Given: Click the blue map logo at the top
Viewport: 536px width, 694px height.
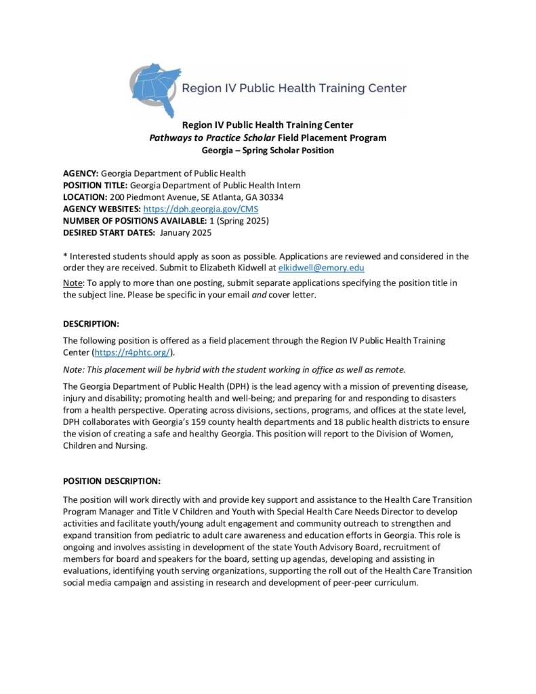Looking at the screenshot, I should pyautogui.click(x=157, y=89).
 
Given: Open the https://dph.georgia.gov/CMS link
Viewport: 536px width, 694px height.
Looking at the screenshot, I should pyautogui.click(x=201, y=209).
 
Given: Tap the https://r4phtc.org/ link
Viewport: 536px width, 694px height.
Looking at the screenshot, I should pyautogui.click(x=133, y=352).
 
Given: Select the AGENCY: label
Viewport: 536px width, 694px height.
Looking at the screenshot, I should pyautogui.click(x=81, y=174).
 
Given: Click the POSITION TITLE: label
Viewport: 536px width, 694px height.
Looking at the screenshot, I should pyautogui.click(x=95, y=186).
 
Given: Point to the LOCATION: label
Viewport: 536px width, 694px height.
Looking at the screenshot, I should pyautogui.click(x=85, y=197).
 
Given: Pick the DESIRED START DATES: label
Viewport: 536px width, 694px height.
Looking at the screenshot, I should pyautogui.click(x=108, y=232).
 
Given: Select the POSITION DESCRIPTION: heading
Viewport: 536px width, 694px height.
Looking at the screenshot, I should pyautogui.click(x=112, y=481).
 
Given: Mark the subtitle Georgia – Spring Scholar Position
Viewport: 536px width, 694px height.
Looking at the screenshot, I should pyautogui.click(x=268, y=150).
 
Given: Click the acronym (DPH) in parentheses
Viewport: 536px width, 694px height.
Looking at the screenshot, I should pyautogui.click(x=215, y=386).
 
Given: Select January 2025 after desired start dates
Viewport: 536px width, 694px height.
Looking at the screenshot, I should pyautogui.click(x=186, y=232).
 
